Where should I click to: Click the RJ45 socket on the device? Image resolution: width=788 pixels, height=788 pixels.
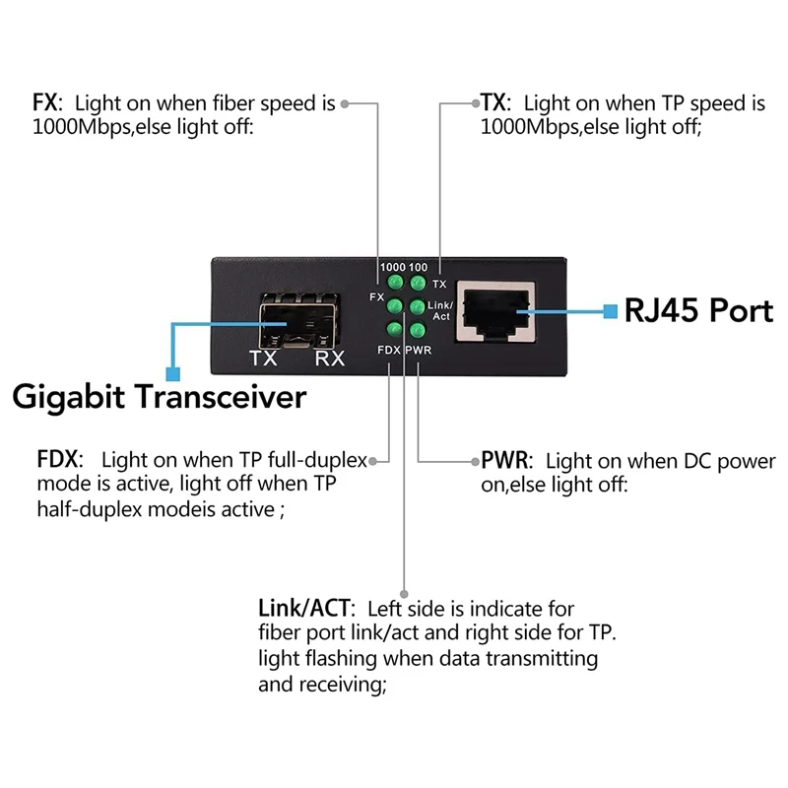point(495,312)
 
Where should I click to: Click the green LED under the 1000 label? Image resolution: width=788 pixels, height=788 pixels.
point(396,282)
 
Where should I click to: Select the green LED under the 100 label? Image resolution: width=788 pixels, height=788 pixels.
point(418,283)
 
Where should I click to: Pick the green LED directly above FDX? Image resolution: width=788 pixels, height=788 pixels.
point(395,330)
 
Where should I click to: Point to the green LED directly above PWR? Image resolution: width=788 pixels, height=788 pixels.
point(417,330)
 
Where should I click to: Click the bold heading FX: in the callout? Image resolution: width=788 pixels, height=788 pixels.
point(47,103)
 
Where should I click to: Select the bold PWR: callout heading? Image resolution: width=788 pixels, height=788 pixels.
point(506,460)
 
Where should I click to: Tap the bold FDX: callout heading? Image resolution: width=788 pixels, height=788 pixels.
point(60,459)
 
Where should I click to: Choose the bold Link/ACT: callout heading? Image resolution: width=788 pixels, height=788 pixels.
point(306,608)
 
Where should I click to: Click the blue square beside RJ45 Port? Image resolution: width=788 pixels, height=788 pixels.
point(610,311)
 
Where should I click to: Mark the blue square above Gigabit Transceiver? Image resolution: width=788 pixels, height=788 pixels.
point(173,374)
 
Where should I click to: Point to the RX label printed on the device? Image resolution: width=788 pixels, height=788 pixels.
point(330,359)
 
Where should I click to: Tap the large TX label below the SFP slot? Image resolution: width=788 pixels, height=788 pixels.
point(263,359)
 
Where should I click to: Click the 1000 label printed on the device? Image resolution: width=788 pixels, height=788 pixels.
point(392,267)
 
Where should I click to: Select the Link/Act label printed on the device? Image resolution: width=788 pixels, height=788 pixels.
point(440,310)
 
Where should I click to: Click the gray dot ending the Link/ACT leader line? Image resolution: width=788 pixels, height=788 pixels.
point(404,594)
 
